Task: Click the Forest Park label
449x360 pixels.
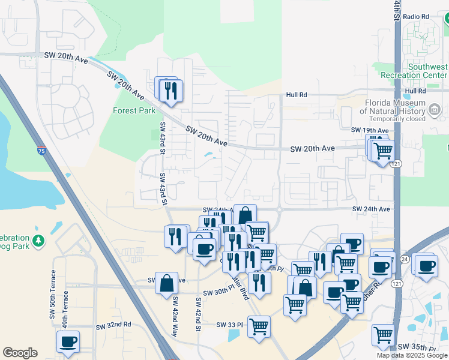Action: pos(134,110)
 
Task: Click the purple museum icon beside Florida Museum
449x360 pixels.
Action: pos(435,109)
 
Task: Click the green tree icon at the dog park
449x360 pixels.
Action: pos(39,241)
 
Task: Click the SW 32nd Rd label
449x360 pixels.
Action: pos(113,325)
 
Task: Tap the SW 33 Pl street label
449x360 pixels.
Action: pos(230,325)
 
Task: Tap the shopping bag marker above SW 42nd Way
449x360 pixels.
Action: pos(166,284)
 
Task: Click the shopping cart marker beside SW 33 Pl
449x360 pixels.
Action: pos(259,327)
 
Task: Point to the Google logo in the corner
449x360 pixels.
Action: pos(20,353)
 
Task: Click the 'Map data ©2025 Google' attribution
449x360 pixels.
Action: pos(412,355)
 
